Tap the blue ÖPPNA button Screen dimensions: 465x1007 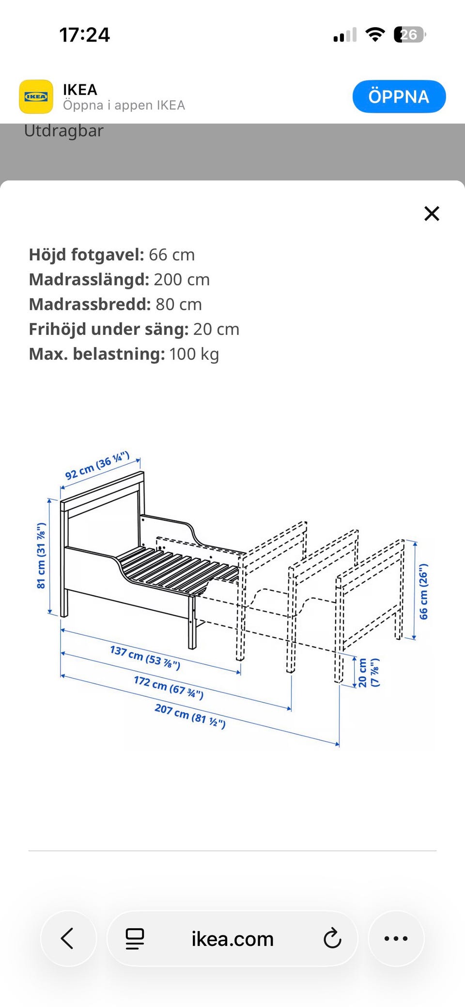point(399,96)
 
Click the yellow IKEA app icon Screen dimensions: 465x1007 point(36,97)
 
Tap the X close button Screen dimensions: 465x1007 point(432,213)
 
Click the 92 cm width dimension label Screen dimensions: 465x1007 point(97,466)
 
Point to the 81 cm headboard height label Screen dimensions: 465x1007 point(42,556)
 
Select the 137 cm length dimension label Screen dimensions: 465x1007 point(145,657)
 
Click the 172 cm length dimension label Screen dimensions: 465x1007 point(169,688)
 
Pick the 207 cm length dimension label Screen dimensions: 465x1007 point(190,716)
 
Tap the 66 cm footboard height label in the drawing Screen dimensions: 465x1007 point(423,591)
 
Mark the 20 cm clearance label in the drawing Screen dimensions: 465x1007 point(369,673)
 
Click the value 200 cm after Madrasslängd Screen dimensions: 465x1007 point(182,280)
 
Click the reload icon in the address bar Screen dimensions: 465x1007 point(332,938)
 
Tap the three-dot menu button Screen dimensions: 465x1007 point(396,938)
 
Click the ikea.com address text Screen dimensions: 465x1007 point(232,939)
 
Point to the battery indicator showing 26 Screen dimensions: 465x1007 point(410,35)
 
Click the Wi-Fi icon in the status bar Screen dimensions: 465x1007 point(375,35)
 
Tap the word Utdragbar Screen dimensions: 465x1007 point(64,131)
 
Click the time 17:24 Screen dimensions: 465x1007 point(85,35)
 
